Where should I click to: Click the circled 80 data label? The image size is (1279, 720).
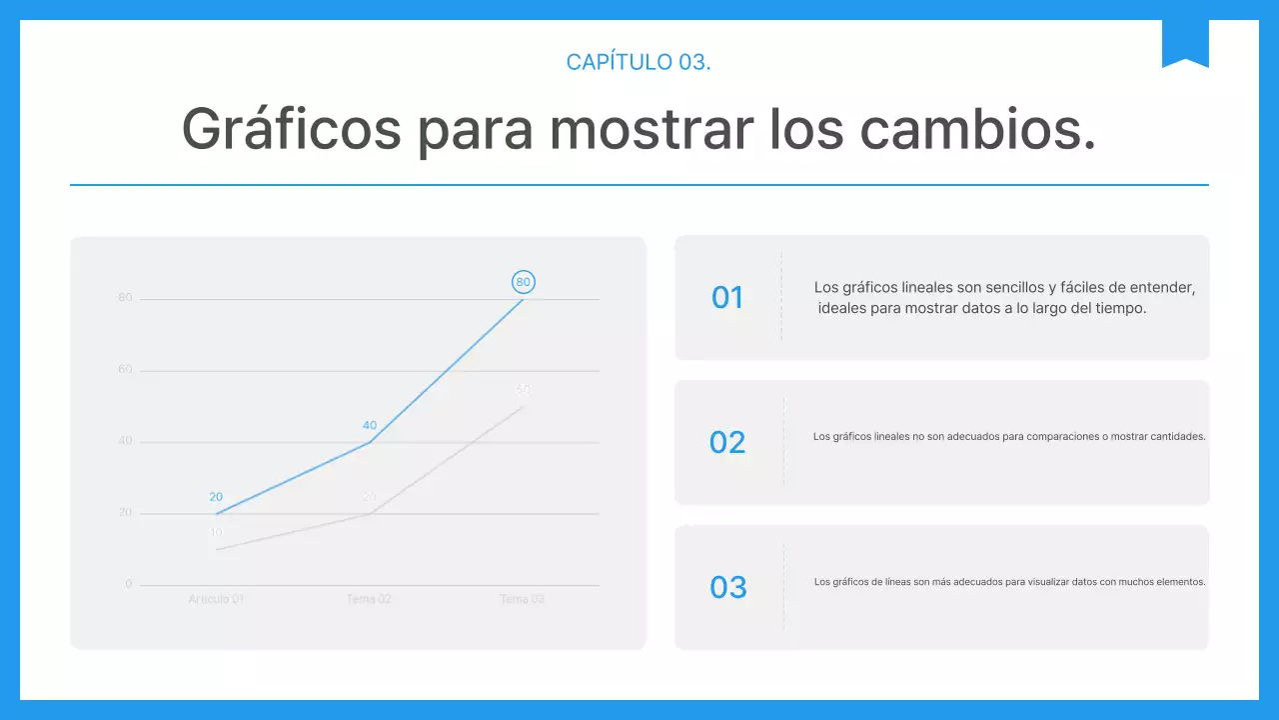coord(523,282)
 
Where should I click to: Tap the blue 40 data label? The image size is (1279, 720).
coord(370,425)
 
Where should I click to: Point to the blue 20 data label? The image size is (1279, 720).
coord(216,497)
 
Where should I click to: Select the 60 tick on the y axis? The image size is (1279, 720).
coord(125,370)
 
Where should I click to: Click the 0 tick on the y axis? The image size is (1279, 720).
coord(128,584)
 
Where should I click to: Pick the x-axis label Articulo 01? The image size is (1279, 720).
coord(216,599)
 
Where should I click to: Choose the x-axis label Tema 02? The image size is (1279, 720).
coord(369,599)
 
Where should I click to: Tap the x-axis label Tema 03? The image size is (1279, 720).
coord(522,599)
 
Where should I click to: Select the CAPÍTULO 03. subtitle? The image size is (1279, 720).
coord(639,62)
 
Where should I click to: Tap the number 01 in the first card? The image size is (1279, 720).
coord(727,297)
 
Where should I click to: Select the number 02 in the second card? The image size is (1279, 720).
coord(727,442)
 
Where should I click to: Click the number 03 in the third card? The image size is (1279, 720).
coord(727,587)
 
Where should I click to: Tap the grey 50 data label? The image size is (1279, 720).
coord(523,390)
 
